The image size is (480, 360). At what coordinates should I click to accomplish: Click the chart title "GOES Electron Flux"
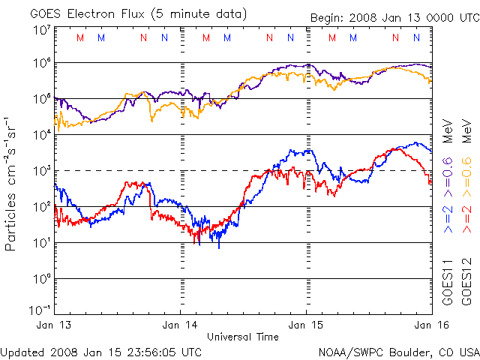pos(87,13)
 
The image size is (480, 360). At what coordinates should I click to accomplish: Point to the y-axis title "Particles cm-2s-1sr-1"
pos(11,184)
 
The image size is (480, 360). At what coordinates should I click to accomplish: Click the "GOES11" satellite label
pos(448,282)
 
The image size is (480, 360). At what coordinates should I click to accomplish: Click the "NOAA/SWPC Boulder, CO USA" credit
pos(398,352)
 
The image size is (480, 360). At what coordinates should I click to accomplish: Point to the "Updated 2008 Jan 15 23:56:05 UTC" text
pos(101,352)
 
